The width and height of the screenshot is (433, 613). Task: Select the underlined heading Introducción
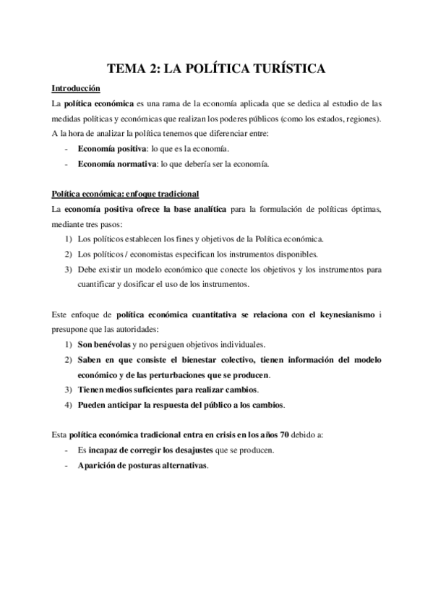click(75, 89)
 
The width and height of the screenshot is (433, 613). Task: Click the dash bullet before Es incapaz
click(67, 450)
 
